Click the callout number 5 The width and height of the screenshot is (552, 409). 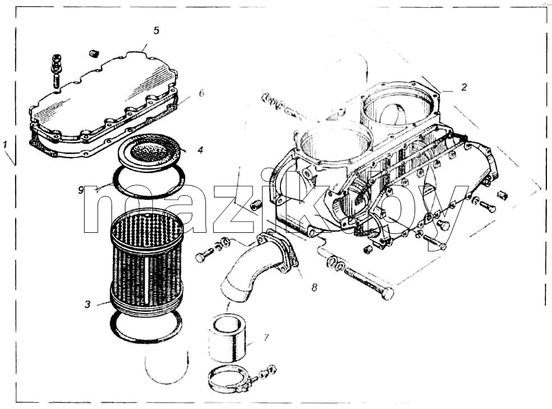(x=157, y=30)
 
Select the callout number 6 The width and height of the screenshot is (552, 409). (x=201, y=93)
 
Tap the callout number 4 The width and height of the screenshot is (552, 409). (x=200, y=150)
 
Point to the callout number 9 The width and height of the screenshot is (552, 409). (x=81, y=190)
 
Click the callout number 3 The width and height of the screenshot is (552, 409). (x=88, y=304)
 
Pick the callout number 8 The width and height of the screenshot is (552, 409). (x=314, y=288)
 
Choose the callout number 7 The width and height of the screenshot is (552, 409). (x=266, y=338)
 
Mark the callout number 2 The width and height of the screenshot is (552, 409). (x=464, y=86)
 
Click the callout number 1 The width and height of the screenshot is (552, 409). (x=5, y=145)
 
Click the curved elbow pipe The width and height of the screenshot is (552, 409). (x=256, y=268)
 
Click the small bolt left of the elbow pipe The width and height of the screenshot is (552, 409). (x=205, y=255)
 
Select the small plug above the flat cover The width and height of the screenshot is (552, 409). (x=94, y=53)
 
